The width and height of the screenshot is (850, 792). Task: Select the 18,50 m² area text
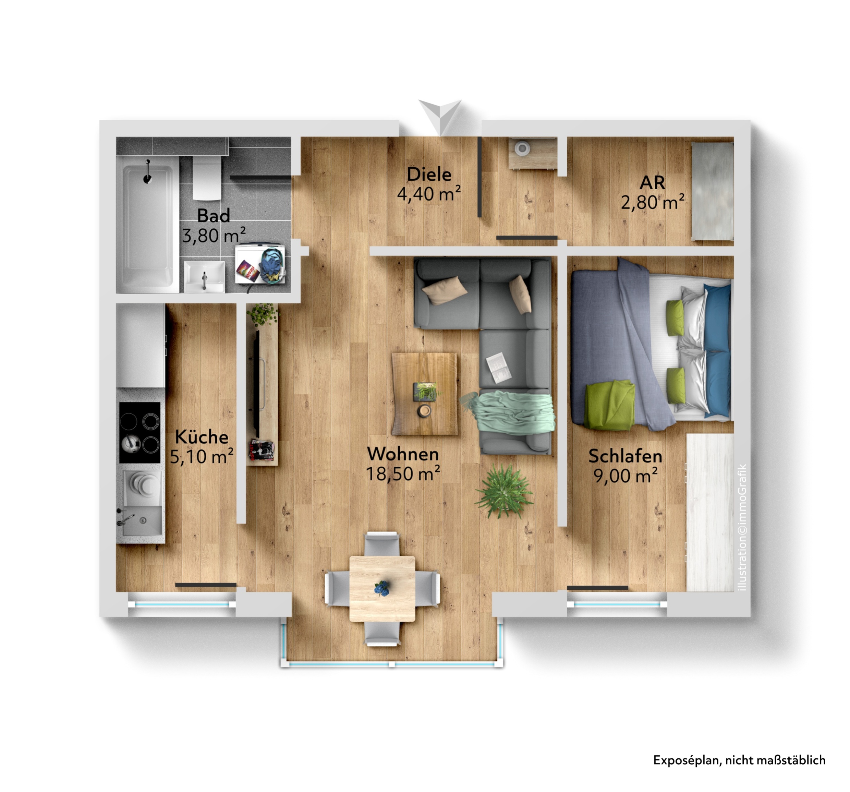point(403,474)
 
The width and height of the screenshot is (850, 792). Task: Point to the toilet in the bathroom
point(207,178)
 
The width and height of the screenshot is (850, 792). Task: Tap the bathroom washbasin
point(205,277)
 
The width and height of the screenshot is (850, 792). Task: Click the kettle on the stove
point(131,443)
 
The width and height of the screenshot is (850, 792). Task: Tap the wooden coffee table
point(425,394)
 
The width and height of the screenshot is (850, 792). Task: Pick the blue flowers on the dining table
point(382,588)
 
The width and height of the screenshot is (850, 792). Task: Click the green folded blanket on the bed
point(610,405)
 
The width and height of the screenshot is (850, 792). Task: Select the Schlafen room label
point(625,456)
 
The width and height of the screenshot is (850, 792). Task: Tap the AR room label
point(653,183)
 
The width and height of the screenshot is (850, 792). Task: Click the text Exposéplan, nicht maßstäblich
point(739,760)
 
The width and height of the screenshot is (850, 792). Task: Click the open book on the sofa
point(499,367)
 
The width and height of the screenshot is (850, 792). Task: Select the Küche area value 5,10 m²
point(202,457)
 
